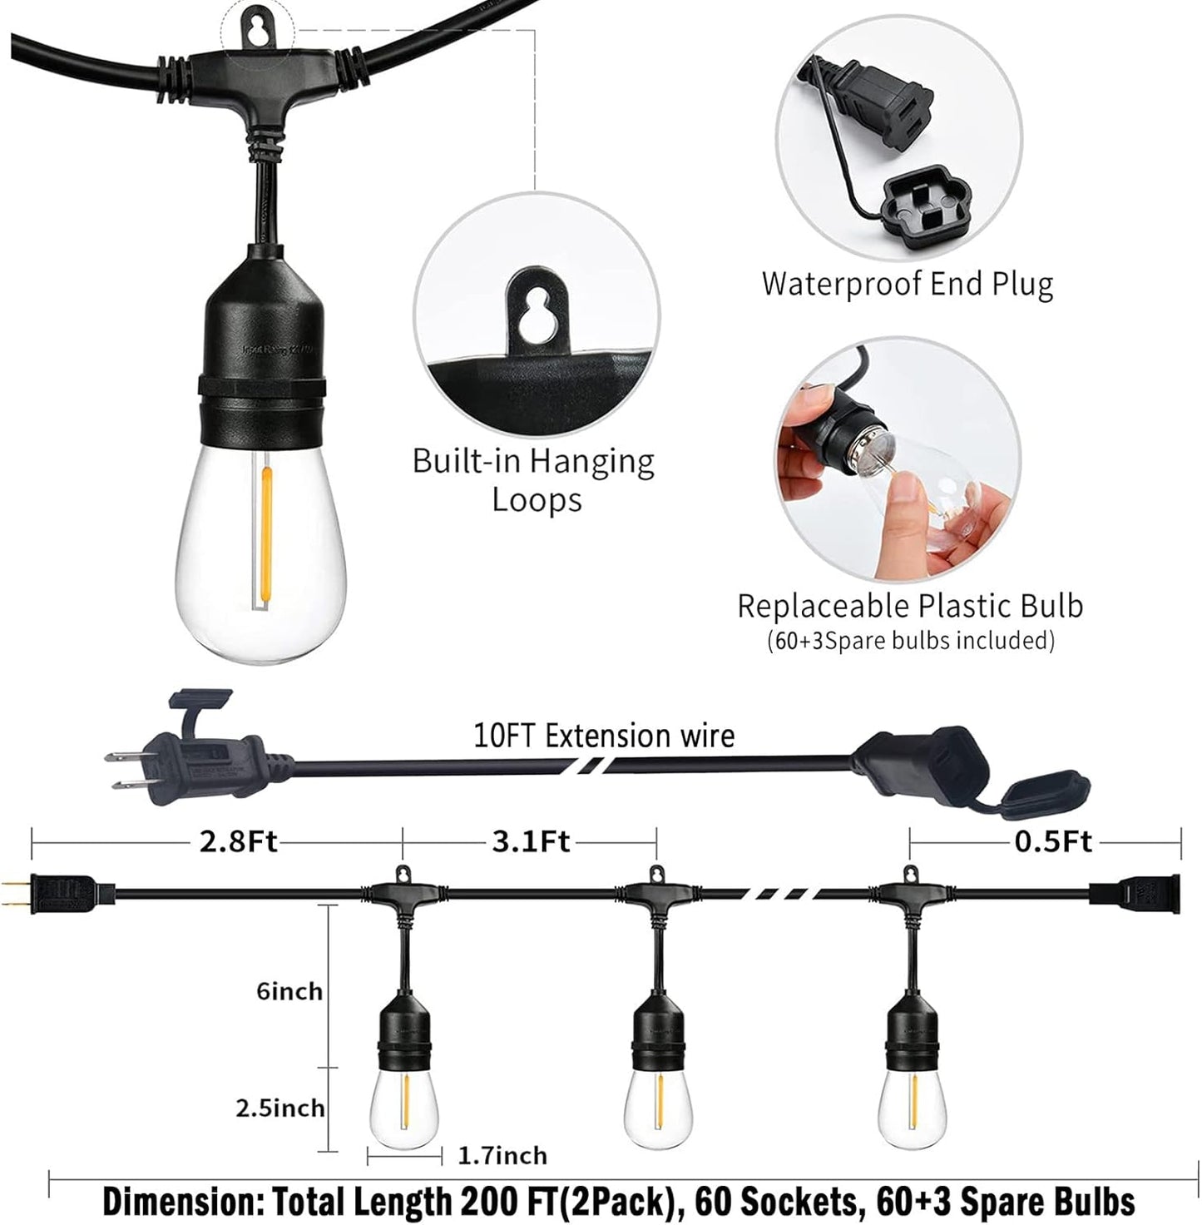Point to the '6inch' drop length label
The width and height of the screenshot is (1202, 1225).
coord(289,991)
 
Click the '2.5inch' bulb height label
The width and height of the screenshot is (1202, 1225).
coord(279,1108)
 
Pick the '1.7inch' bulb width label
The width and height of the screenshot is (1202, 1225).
coord(502,1155)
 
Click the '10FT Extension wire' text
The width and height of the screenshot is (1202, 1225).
coord(604,736)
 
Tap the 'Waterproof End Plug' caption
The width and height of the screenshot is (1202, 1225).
coord(908,284)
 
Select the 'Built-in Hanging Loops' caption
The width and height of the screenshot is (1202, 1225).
coord(534,481)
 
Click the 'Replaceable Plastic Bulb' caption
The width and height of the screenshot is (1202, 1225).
coord(910,606)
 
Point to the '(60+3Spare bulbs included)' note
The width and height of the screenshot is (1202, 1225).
coord(910,641)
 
